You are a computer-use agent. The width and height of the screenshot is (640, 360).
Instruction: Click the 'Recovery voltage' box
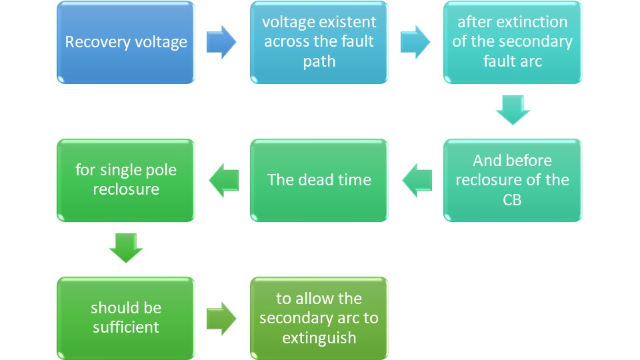pos(126,43)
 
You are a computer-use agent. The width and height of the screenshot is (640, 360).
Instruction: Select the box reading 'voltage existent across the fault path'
pos(319,43)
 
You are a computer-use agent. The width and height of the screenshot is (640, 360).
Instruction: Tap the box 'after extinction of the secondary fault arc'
pos(512,43)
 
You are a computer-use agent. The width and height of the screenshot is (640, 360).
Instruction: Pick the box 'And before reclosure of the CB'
pos(512,180)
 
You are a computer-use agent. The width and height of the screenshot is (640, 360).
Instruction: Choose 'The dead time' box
pos(319,180)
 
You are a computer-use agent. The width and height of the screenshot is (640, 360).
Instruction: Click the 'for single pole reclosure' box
pos(126,180)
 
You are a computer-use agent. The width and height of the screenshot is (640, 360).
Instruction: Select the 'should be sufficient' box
pos(126,318)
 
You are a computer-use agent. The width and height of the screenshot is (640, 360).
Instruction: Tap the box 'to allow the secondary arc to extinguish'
pos(319,318)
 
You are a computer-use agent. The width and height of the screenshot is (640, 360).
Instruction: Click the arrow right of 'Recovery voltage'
pos(221,43)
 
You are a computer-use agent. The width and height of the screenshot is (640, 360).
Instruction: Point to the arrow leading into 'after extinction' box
pos(415,43)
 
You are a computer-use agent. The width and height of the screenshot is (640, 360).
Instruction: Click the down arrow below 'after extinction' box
pos(513,110)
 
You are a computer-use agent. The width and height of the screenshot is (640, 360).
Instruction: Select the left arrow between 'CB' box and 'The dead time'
pos(415,180)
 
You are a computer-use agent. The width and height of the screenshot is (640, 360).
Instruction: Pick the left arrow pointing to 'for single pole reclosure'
pos(223,180)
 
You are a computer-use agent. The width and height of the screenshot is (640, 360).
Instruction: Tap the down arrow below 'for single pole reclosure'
pos(126,248)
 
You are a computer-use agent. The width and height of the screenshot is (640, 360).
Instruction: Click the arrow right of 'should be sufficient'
pos(221,318)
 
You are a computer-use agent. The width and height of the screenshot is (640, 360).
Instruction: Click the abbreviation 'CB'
pos(512,199)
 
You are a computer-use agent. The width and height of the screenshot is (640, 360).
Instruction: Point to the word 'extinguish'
pos(319,337)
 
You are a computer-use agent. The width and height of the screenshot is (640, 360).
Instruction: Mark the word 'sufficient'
pos(126,327)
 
